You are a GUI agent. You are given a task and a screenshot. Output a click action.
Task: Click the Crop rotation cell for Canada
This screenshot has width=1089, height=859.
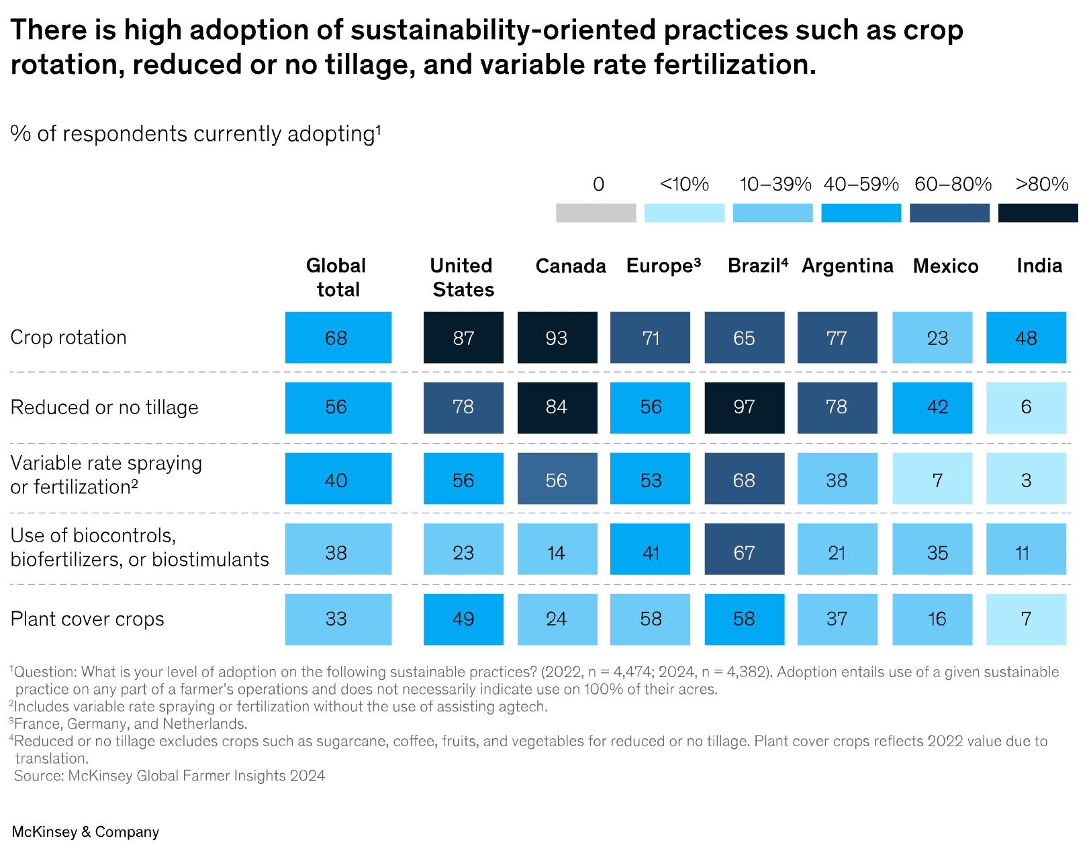[557, 338]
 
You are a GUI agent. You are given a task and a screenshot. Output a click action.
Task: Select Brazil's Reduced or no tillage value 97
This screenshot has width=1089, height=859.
[745, 408]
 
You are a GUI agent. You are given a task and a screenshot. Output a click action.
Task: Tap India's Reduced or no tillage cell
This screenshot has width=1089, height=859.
[1026, 408]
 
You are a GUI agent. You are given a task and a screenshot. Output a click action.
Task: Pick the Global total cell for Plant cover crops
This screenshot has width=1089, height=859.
[338, 619]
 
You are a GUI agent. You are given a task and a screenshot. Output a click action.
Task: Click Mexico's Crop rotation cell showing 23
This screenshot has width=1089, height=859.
[932, 338]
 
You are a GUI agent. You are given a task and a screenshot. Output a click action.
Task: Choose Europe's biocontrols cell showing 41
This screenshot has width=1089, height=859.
[650, 549]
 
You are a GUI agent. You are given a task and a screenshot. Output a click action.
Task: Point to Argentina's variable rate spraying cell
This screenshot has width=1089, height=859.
[837, 478]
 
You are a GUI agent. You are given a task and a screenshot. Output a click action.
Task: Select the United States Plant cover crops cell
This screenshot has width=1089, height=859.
[463, 619]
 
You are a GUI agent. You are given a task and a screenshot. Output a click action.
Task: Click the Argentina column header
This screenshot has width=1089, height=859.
[847, 266]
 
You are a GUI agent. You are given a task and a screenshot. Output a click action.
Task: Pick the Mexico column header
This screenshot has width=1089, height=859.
[945, 266]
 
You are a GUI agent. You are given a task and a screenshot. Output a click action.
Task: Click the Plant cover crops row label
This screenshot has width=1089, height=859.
[87, 619]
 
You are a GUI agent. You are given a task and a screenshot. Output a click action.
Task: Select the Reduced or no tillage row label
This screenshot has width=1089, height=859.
[104, 407]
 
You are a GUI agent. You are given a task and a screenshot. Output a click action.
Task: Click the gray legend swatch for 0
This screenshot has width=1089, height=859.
[596, 213]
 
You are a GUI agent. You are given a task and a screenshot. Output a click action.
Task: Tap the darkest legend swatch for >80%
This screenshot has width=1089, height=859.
[1037, 213]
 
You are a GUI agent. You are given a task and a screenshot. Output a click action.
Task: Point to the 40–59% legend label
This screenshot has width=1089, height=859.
[861, 184]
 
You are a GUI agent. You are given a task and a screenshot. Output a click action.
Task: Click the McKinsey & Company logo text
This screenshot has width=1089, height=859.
[85, 832]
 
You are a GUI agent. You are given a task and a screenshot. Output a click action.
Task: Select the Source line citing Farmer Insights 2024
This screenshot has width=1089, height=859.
[169, 776]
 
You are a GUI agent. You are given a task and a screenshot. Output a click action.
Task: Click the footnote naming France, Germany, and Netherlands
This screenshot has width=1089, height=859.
[128, 724]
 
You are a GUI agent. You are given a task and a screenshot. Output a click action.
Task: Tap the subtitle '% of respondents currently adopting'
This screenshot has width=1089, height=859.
[195, 134]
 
